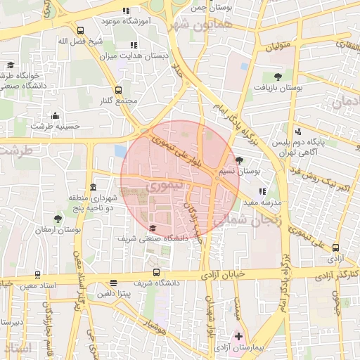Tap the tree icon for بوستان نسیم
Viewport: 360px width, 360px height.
tap(240, 160)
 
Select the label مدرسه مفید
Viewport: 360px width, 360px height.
tap(262, 202)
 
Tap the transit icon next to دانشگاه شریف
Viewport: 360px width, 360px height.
tap(156, 272)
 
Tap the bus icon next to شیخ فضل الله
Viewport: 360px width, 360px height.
tap(81, 30)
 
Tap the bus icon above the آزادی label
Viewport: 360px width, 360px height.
tap(335, 247)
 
